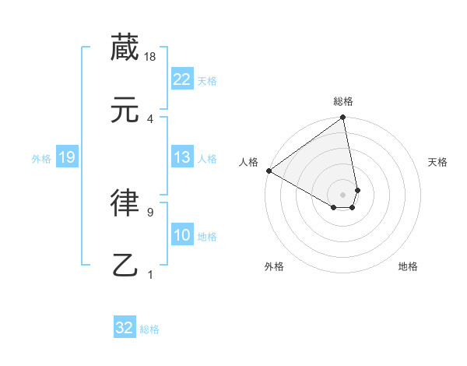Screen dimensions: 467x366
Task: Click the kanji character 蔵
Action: point(125,48)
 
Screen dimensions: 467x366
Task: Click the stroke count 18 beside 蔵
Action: point(150,57)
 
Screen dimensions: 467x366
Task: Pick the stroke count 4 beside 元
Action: point(150,119)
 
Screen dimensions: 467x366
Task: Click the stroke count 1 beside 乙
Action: point(150,274)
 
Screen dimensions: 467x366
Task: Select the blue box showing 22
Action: point(182,79)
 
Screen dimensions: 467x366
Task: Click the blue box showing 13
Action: point(182,157)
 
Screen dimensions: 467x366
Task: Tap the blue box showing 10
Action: point(182,235)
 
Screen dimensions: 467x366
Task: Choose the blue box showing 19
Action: point(66,157)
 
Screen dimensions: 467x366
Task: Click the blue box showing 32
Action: point(125,328)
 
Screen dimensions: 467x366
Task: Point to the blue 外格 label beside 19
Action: point(41,159)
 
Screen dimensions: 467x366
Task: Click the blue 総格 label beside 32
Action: point(149,329)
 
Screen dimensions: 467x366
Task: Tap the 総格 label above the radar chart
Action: point(343,102)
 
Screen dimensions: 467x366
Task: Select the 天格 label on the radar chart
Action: point(438,162)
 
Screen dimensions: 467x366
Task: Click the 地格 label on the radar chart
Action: point(408,267)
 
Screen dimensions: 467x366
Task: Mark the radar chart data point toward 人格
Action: point(269,171)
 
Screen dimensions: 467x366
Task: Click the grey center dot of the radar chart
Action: point(343,194)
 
